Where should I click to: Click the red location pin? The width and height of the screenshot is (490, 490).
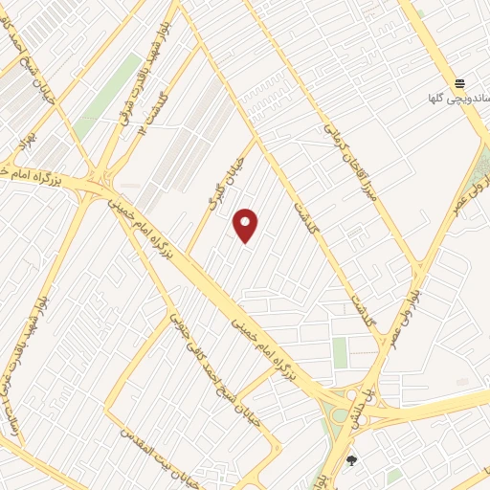point(246,225)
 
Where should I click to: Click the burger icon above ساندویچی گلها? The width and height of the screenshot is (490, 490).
point(459,83)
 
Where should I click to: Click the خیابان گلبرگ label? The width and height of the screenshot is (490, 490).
point(227,183)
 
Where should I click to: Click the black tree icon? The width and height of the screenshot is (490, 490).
point(351,460)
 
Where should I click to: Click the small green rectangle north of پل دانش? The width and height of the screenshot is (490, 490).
point(340,351)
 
